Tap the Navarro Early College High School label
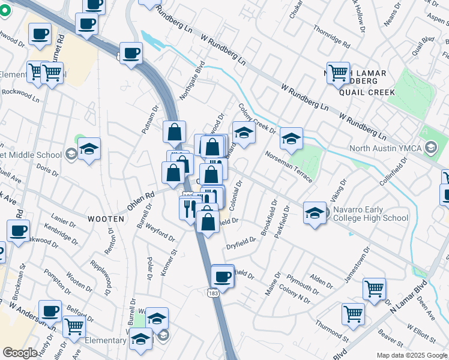pos(372,214)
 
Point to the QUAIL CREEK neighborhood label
pos(367,92)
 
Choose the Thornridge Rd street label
pos(331,36)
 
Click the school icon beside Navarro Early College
pos(315,213)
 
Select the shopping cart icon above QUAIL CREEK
pos(339,73)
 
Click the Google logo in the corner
pos(20,353)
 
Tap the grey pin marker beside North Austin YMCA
pos(430,147)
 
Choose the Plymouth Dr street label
pos(302,282)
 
